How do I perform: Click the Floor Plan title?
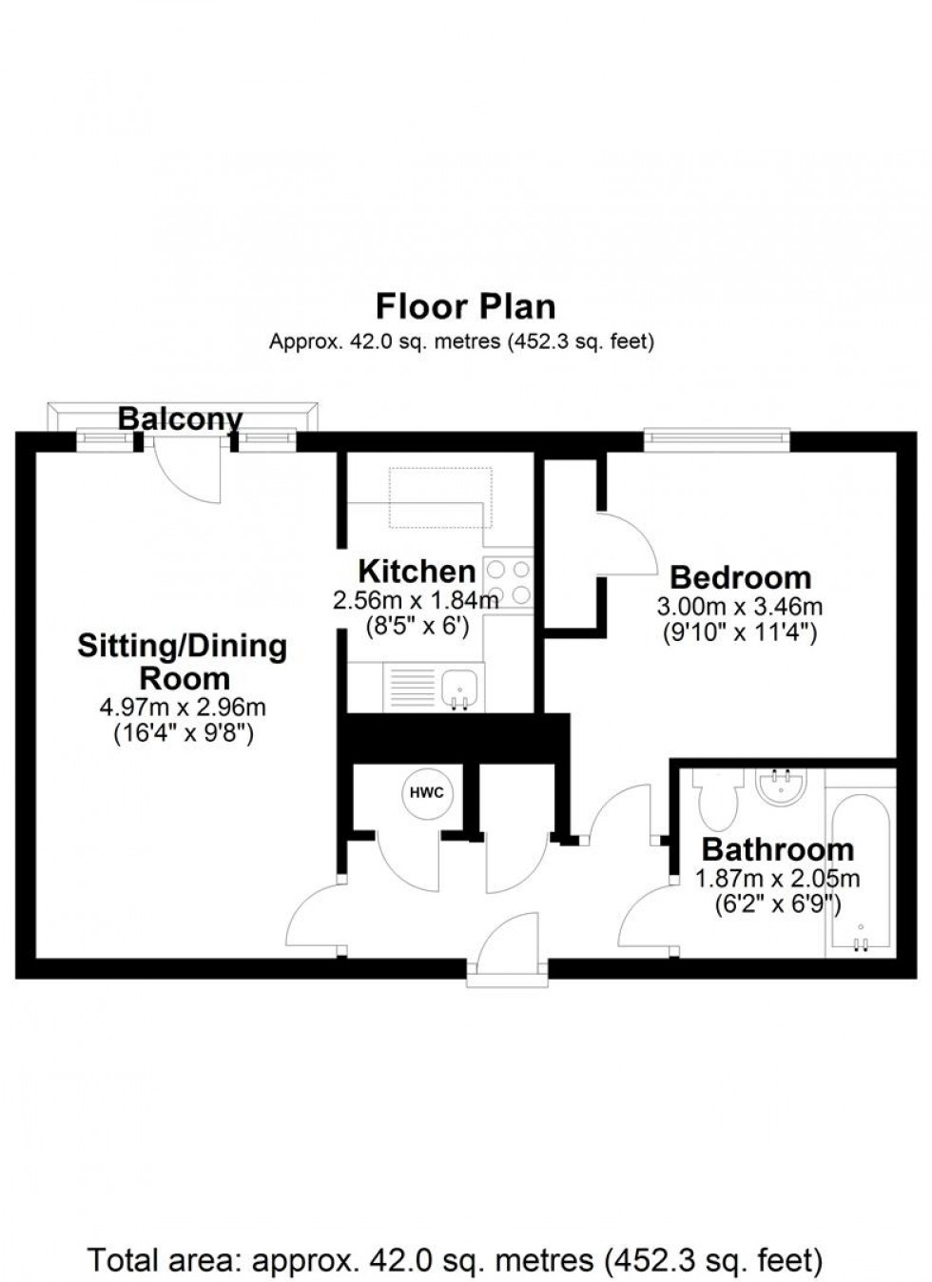point(465,307)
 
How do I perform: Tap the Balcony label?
point(180,418)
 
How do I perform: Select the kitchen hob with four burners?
point(509,582)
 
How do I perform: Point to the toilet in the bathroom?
point(715,798)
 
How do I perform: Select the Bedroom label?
point(741,577)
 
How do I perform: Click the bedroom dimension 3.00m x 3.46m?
point(740,606)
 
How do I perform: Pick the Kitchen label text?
point(417,572)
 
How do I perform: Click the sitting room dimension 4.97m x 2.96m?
point(183,707)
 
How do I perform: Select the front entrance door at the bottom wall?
point(508,946)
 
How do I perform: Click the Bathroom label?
point(778,849)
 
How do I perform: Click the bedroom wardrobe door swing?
point(628,542)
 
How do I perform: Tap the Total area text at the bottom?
point(456,1261)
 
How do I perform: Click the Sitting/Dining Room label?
point(183,662)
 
